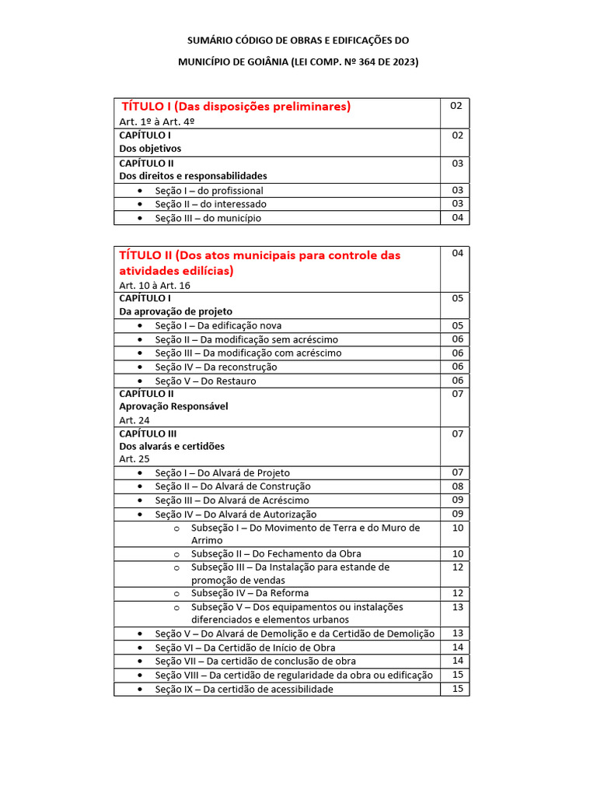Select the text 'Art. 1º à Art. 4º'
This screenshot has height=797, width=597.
pyautogui.click(x=156, y=122)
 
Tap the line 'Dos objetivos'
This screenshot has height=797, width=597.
pyautogui.click(x=150, y=148)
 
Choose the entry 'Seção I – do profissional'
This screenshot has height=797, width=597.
pyautogui.click(x=208, y=191)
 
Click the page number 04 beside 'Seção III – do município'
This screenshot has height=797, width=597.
pyautogui.click(x=457, y=217)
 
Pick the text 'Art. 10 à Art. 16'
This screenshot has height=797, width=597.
pyautogui.click(x=155, y=286)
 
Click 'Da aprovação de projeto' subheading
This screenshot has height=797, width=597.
pyautogui.click(x=176, y=311)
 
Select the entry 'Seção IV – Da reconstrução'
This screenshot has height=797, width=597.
pyautogui.click(x=215, y=367)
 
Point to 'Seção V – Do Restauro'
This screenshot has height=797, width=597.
pyautogui.click(x=205, y=381)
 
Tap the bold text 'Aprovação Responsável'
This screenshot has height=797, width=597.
pyautogui.click(x=173, y=406)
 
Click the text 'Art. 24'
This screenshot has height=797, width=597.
pyautogui.click(x=134, y=420)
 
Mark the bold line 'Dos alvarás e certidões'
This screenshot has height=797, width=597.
pyautogui.click(x=172, y=446)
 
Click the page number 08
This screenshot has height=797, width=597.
pyautogui.click(x=457, y=486)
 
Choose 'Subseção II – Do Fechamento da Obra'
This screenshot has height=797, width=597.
pyautogui.click(x=276, y=554)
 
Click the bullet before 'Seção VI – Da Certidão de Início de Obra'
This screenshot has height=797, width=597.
pyautogui.click(x=139, y=648)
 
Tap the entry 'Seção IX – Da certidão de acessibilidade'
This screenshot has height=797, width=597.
pyautogui.click(x=243, y=689)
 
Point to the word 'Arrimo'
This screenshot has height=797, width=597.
pyautogui.click(x=207, y=540)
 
